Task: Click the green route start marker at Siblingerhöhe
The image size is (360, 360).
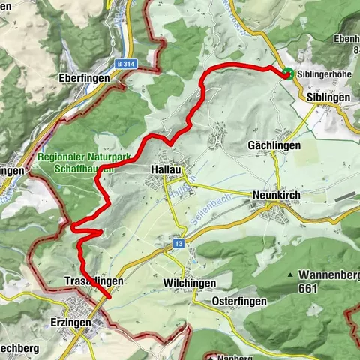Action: (287, 73)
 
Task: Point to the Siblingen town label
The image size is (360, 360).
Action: (327, 97)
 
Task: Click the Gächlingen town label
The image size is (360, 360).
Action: (274, 145)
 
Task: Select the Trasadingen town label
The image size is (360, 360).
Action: (88, 280)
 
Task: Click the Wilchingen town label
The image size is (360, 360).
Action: (189, 282)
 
